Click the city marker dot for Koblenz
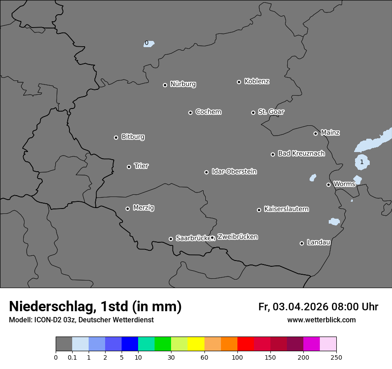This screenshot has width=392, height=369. pyautogui.click(x=239, y=82)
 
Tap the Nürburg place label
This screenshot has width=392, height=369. pyautogui.click(x=183, y=84)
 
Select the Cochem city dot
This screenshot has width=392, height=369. pyautogui.click(x=190, y=112)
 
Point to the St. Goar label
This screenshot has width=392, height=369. pyautogui.click(x=271, y=112)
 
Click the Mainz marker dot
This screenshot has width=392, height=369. pyautogui.click(x=315, y=133)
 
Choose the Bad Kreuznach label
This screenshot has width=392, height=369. pyautogui.click(x=301, y=153)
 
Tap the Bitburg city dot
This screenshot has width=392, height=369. pyautogui.click(x=116, y=137)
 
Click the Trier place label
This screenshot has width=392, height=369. pyautogui.click(x=141, y=166)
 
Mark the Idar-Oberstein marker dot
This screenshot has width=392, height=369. pyautogui.click(x=206, y=172)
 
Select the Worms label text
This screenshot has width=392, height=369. pyautogui.click(x=344, y=184)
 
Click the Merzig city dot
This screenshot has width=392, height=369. pyautogui.click(x=127, y=209)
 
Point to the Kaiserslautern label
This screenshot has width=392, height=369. pyautogui.click(x=286, y=209)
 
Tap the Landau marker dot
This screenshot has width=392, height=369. pyautogui.click(x=302, y=243)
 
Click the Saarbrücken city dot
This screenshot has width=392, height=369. pyautogui.click(x=171, y=239)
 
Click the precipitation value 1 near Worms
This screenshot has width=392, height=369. pyautogui.click(x=362, y=162)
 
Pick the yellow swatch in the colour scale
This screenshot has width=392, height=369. pyautogui.click(x=196, y=344)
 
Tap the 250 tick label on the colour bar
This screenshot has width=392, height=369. pyautogui.click(x=336, y=357)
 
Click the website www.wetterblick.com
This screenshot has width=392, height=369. pyautogui.click(x=321, y=320)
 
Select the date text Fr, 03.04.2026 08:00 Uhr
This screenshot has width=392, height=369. pyautogui.click(x=318, y=307)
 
